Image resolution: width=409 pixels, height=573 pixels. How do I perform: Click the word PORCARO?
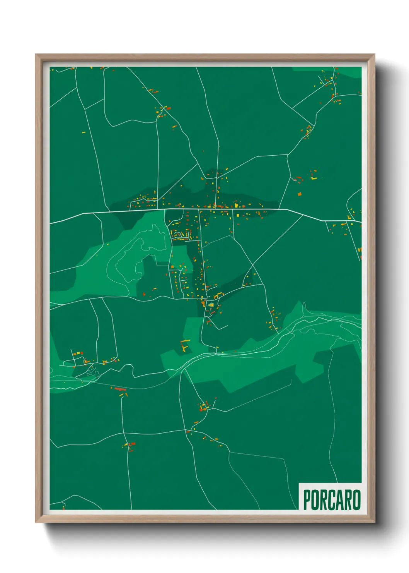click(332, 500)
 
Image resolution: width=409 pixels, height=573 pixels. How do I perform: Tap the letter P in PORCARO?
click(307, 500)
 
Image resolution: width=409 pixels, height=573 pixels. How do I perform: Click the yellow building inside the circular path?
click(211, 305)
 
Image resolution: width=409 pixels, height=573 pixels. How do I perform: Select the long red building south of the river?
click(120, 389)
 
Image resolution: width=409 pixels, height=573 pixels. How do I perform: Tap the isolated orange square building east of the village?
click(299, 193)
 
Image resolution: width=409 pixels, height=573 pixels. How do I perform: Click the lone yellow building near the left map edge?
click(83, 132)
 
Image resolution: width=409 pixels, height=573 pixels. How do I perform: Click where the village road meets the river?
click(215, 353)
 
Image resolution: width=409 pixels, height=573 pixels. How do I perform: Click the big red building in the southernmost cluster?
click(133, 444)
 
